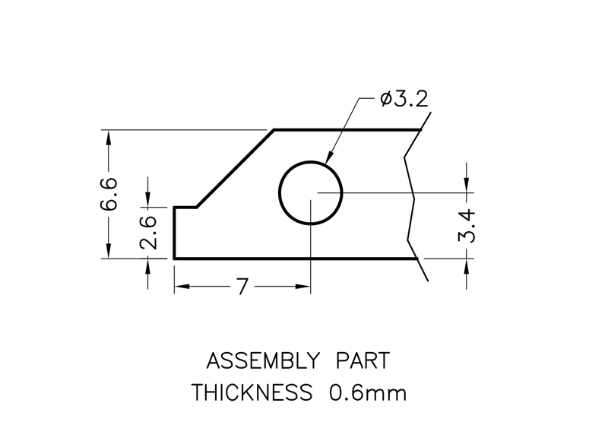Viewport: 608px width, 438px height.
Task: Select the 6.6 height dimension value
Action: point(109,194)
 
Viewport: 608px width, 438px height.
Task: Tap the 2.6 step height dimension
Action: point(149,232)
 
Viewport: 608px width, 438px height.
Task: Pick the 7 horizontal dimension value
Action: point(242,287)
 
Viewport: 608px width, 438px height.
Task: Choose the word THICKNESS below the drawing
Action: point(252,393)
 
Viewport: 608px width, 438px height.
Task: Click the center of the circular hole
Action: point(311,193)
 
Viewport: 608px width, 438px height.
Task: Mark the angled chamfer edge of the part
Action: point(235,168)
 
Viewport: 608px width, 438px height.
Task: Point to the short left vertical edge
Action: point(175,233)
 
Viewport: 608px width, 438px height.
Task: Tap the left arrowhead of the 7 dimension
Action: point(179,287)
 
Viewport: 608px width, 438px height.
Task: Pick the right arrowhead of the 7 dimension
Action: point(306,287)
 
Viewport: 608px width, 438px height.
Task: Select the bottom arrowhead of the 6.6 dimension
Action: point(109,254)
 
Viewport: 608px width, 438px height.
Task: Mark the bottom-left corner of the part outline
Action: point(175,259)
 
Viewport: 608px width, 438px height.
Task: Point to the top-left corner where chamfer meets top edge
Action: point(274,130)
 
